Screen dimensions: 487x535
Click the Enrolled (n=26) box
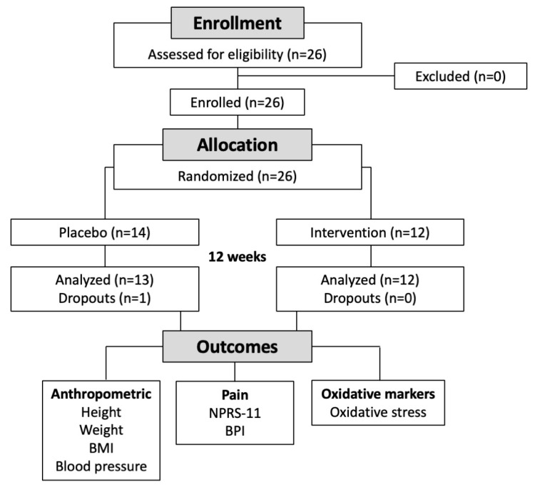point(238,103)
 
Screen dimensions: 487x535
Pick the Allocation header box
point(238,145)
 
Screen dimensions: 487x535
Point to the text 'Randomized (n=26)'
point(238,176)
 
